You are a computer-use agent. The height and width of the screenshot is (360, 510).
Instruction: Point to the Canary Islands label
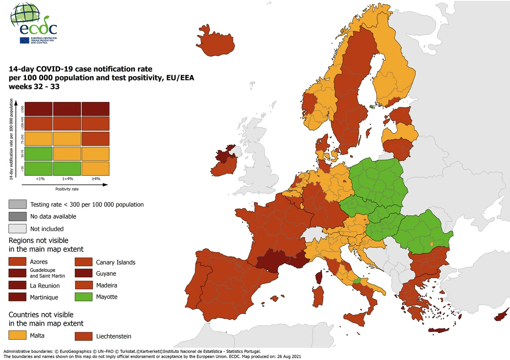click(x=116, y=262)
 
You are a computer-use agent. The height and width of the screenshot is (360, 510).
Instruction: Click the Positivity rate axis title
click(x=67, y=189)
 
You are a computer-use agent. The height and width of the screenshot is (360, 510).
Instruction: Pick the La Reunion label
click(x=45, y=286)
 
